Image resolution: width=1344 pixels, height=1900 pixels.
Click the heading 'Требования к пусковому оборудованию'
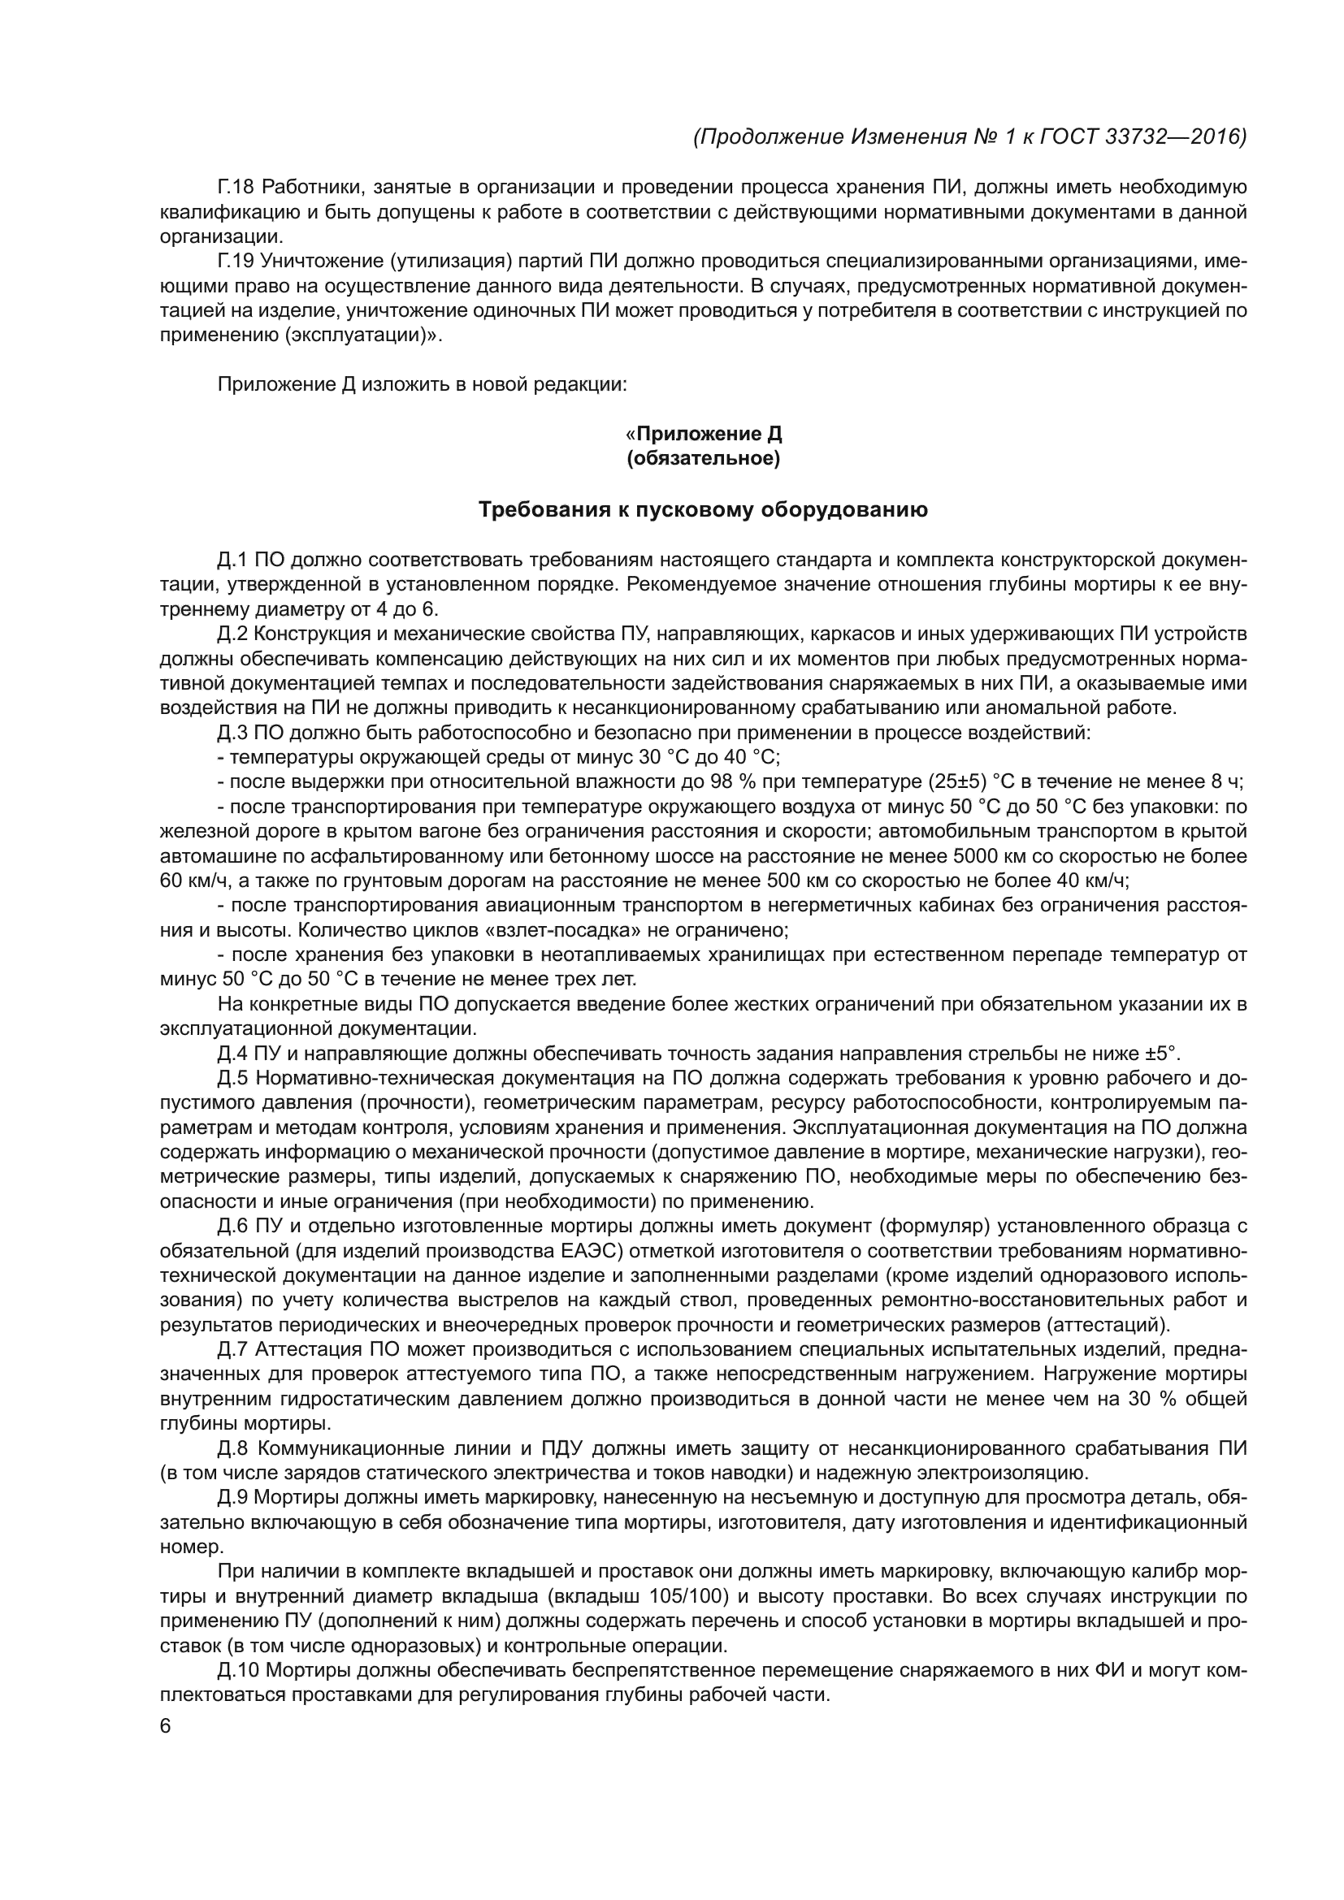704,510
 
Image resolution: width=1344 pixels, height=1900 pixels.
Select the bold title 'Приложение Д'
709,434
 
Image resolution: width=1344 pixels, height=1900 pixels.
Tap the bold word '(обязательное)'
704,458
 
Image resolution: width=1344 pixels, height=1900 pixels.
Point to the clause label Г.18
235,188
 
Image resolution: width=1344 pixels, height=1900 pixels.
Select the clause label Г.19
235,262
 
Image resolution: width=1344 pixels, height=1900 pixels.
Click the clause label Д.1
232,560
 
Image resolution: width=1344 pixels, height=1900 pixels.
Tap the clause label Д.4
232,1054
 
